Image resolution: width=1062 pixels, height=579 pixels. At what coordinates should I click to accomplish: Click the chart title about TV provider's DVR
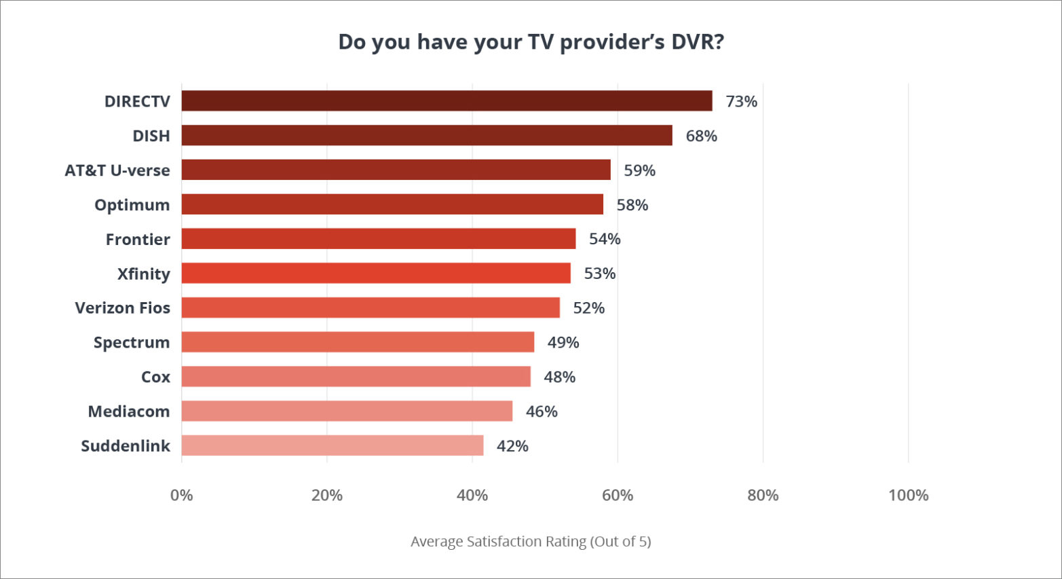point(531,42)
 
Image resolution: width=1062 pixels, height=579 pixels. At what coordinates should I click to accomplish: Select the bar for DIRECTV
point(447,101)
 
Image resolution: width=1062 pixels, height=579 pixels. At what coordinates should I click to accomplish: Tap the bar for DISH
point(427,136)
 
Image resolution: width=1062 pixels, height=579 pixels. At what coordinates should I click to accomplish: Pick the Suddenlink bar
point(333,446)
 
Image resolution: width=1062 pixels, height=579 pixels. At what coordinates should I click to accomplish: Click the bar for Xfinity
point(376,274)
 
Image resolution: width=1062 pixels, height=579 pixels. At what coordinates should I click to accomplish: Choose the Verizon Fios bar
point(371,308)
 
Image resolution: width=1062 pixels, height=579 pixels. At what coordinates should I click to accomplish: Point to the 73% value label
point(741,102)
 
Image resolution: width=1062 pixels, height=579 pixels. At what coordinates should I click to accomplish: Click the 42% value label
point(512,446)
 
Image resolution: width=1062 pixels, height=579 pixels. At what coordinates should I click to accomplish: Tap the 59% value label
point(639,170)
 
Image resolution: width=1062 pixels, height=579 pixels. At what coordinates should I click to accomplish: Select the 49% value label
point(563,343)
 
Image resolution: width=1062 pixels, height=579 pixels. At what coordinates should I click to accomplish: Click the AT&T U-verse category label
point(117,170)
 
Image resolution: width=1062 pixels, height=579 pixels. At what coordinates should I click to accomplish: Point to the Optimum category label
point(132,205)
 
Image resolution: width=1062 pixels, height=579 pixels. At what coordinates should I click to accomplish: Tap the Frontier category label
point(138,240)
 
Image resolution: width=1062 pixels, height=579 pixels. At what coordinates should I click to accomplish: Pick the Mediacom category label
point(128,411)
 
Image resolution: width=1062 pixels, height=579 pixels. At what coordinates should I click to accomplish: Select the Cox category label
point(155,377)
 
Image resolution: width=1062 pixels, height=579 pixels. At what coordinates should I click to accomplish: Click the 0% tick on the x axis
point(181,496)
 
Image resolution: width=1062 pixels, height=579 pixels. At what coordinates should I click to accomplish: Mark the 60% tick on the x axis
point(618,496)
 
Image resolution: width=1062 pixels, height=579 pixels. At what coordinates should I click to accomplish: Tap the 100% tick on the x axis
point(908,496)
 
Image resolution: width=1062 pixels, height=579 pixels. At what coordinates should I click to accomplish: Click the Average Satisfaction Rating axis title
point(531,542)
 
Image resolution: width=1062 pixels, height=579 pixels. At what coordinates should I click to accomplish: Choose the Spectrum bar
point(358,343)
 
